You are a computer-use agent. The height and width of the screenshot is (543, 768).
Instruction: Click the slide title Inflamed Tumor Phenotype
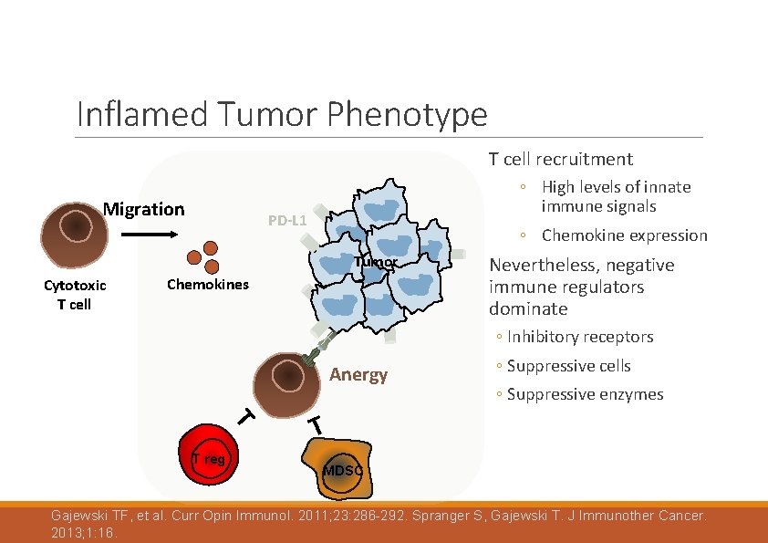[x=282, y=115]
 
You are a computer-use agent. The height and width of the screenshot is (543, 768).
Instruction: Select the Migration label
[x=143, y=209]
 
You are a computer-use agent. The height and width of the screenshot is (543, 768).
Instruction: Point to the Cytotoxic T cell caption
[x=75, y=295]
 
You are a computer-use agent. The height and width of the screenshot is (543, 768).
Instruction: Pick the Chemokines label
[x=208, y=285]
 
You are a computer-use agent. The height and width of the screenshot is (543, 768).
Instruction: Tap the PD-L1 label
[x=287, y=221]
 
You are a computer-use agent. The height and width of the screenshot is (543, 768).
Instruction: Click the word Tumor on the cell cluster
[x=376, y=263]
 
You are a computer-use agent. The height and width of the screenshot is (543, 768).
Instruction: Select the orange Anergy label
[x=358, y=375]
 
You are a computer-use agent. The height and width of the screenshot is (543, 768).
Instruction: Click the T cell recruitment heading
[x=560, y=160]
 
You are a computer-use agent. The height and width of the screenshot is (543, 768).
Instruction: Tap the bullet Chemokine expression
[x=624, y=235]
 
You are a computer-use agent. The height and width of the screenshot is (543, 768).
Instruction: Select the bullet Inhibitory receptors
[x=580, y=337]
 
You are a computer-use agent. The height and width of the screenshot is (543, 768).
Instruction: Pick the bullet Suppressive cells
[x=568, y=366]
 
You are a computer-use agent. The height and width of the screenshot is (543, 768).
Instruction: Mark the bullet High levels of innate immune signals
[x=616, y=196]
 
